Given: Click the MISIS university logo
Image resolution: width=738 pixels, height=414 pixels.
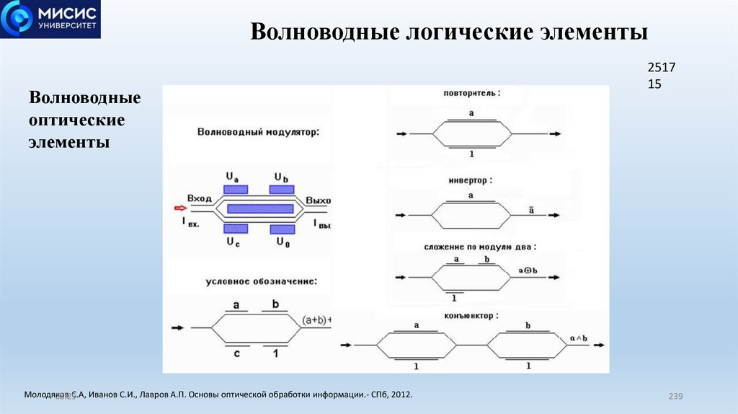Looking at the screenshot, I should pyautogui.click(x=50, y=19).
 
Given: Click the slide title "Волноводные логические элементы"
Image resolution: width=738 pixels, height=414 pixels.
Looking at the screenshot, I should pyautogui.click(x=449, y=33).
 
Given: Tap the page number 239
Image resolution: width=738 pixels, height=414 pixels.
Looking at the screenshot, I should pyautogui.click(x=675, y=396).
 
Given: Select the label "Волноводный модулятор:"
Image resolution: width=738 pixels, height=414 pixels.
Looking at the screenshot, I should pyautogui.click(x=257, y=132).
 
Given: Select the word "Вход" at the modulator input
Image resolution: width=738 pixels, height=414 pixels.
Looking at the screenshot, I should pyautogui.click(x=200, y=198).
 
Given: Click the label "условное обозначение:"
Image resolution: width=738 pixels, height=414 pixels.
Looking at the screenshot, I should pyautogui.click(x=261, y=280).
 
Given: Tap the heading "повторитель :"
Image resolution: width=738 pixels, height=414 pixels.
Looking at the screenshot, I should pyautogui.click(x=472, y=93).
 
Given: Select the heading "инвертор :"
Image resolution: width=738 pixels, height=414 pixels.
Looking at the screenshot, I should pyautogui.click(x=472, y=180).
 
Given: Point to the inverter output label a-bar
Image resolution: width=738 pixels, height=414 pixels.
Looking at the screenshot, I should pyautogui.click(x=531, y=210).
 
